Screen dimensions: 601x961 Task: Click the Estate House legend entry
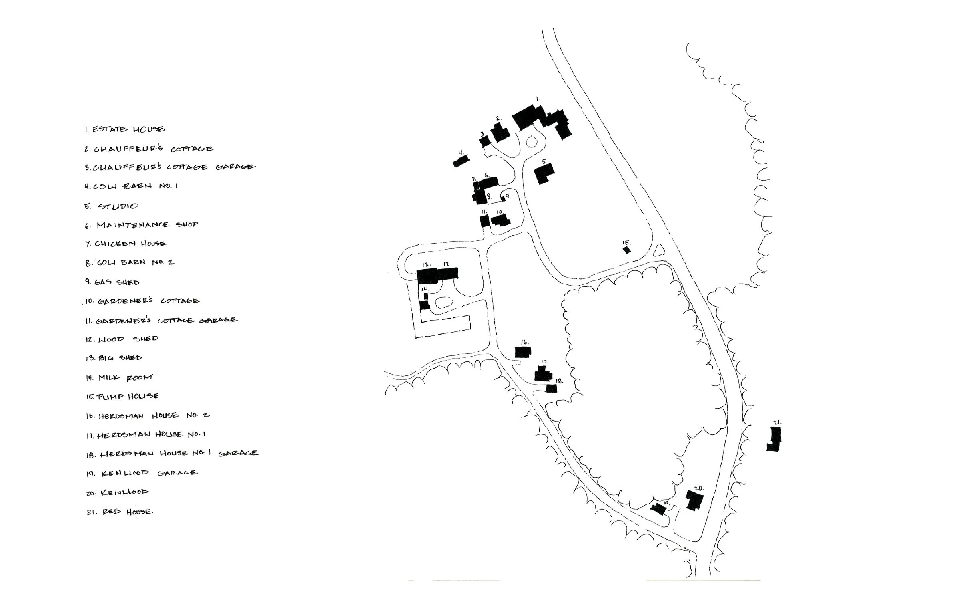[x=124, y=129]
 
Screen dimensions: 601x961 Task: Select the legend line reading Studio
[x=111, y=206]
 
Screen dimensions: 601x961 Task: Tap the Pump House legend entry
[x=122, y=396]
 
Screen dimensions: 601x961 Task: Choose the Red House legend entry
[x=120, y=512]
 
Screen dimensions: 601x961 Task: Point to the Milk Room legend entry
[x=119, y=377]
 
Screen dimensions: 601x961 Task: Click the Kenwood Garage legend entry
[x=142, y=473]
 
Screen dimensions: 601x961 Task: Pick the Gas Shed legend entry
[x=112, y=282]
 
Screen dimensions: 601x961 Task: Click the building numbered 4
[x=461, y=161]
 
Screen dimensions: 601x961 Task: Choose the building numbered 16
[x=523, y=352]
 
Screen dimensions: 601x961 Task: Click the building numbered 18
[x=552, y=388]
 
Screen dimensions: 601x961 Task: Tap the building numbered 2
[x=500, y=132]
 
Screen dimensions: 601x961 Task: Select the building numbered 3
[x=485, y=141]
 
